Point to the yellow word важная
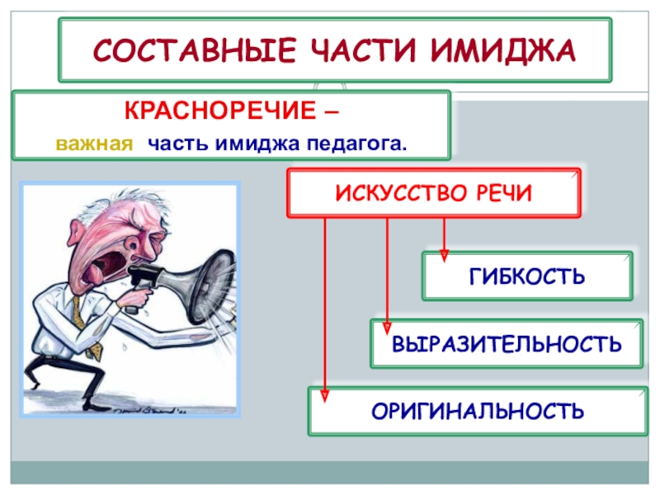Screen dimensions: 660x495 [94, 144]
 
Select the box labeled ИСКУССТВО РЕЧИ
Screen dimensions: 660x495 [433, 193]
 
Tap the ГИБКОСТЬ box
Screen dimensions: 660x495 [527, 276]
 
